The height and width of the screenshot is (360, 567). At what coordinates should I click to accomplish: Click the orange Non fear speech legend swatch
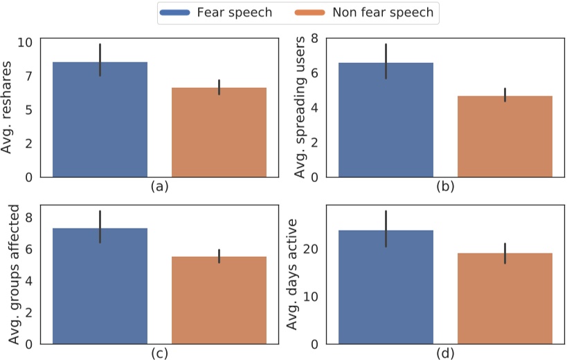point(315,12)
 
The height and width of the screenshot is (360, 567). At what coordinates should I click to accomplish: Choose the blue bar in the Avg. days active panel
point(386,287)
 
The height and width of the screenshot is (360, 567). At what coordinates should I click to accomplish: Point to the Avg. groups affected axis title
point(12,275)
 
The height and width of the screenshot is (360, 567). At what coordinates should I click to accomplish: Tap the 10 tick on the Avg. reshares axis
point(25,42)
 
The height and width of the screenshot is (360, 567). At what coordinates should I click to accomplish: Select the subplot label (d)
point(444,354)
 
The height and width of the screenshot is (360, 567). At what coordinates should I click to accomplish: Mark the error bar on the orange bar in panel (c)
point(219,256)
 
